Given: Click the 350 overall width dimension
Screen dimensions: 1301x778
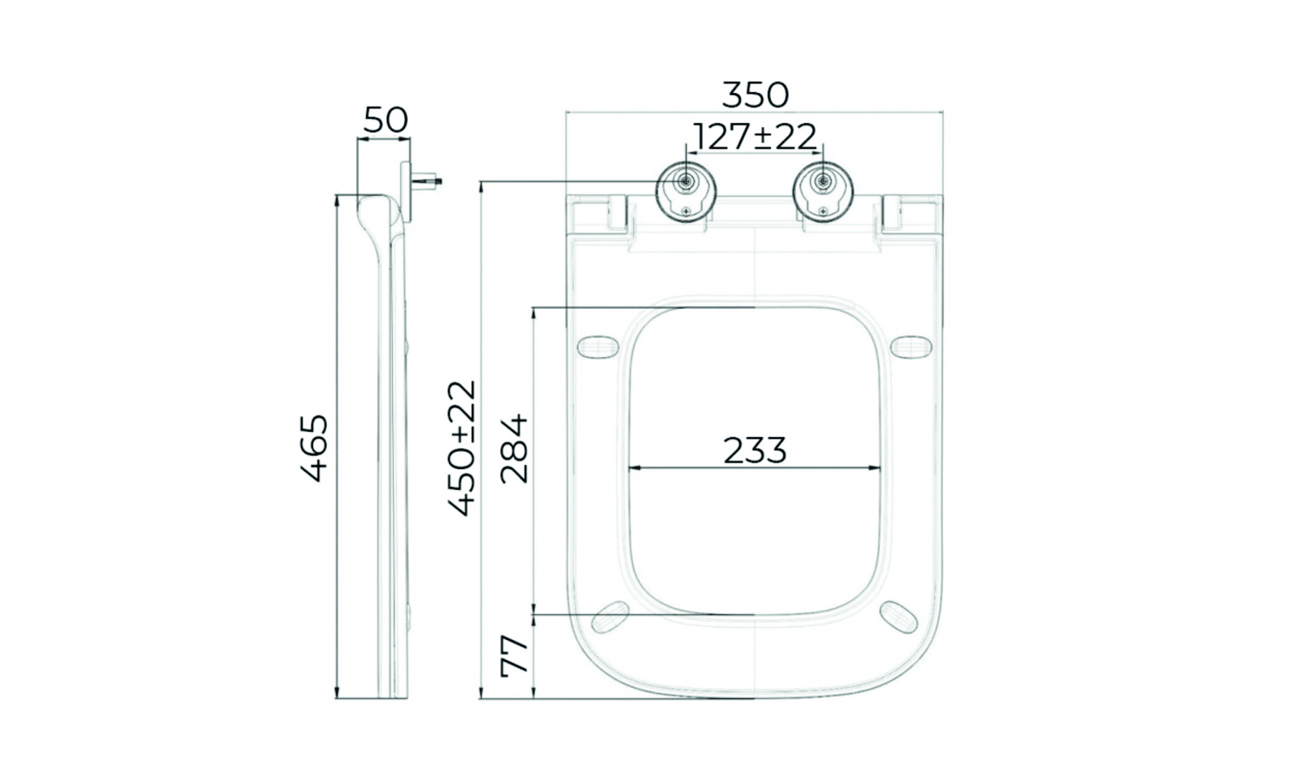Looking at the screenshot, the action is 755,95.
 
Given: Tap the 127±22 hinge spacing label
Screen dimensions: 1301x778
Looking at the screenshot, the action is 755,137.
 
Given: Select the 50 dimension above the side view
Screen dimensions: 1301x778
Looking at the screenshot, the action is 386,121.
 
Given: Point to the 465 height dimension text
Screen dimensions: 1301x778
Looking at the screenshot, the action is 315,448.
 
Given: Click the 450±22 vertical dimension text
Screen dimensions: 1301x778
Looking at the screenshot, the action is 462,448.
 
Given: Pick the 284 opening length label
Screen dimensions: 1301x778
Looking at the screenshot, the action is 514,448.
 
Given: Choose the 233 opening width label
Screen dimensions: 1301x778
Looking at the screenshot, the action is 755,450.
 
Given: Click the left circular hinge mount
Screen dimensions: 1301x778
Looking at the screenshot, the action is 685,193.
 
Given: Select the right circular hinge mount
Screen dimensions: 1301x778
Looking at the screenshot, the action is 823,193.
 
